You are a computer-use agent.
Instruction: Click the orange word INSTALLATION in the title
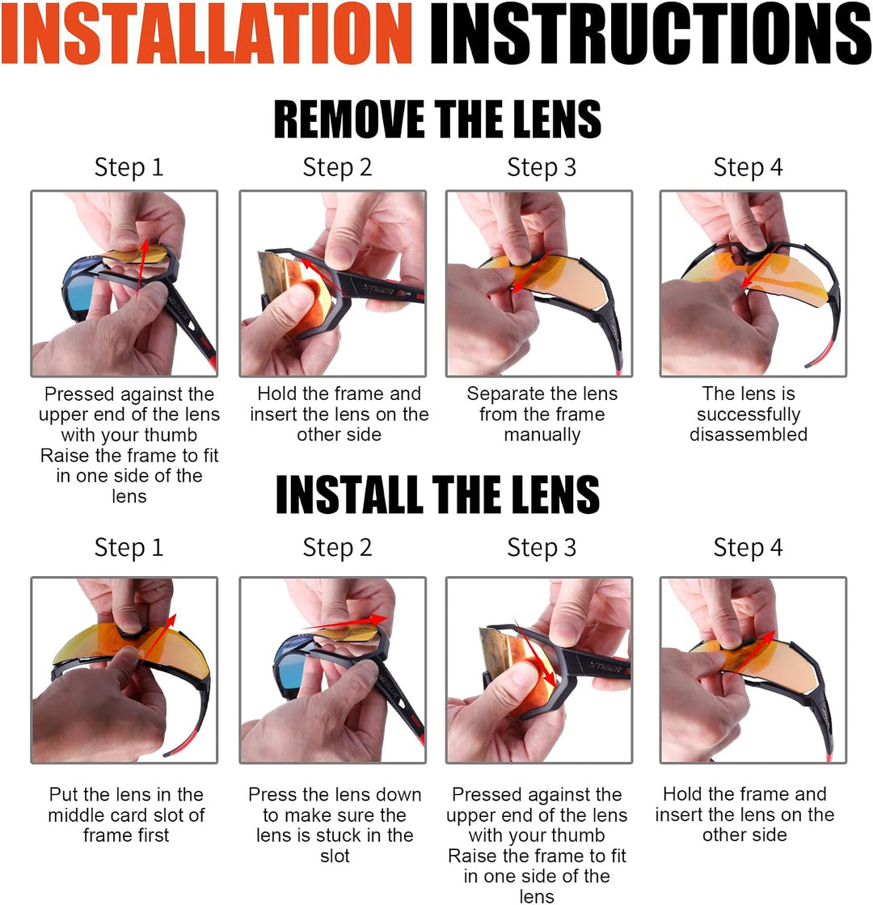(x=207, y=33)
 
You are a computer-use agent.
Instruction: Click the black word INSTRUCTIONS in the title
(x=651, y=33)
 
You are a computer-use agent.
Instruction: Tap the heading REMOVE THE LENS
(x=437, y=119)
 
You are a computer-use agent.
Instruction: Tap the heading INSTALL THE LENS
(x=437, y=494)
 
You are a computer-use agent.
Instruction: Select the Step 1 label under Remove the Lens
(x=129, y=168)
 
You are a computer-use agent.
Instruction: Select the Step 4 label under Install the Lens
(x=748, y=548)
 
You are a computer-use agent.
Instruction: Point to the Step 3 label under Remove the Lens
(x=542, y=168)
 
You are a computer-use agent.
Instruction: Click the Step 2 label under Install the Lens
(x=337, y=548)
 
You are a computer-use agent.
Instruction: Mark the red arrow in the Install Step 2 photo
(x=344, y=622)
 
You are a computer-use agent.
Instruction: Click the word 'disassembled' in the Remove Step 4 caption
(x=749, y=435)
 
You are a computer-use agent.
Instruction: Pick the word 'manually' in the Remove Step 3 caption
(x=542, y=435)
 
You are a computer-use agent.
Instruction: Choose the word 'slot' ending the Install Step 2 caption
(x=335, y=856)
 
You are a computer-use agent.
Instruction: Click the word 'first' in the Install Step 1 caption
(x=126, y=836)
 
